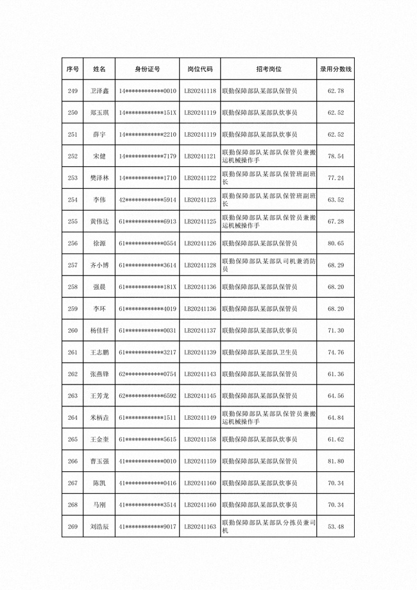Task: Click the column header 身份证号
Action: point(148,69)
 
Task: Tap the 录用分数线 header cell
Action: point(336,69)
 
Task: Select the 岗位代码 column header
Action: point(200,69)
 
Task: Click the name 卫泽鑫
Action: point(99,91)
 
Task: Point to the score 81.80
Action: point(336,461)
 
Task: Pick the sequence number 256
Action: point(72,243)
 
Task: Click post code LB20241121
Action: point(200,156)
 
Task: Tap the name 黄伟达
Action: point(99,221)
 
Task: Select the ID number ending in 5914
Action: point(148,200)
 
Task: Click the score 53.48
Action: point(336,526)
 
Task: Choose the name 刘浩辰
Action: point(99,526)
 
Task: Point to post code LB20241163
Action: point(200,526)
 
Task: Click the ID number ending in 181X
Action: point(148,287)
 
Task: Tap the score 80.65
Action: point(336,243)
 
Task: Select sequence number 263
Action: point(72,395)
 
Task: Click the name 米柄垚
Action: point(99,417)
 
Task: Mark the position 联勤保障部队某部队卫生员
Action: point(259,352)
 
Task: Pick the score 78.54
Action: point(336,156)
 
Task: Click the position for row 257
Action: point(268,265)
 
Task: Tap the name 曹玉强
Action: point(99,461)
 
